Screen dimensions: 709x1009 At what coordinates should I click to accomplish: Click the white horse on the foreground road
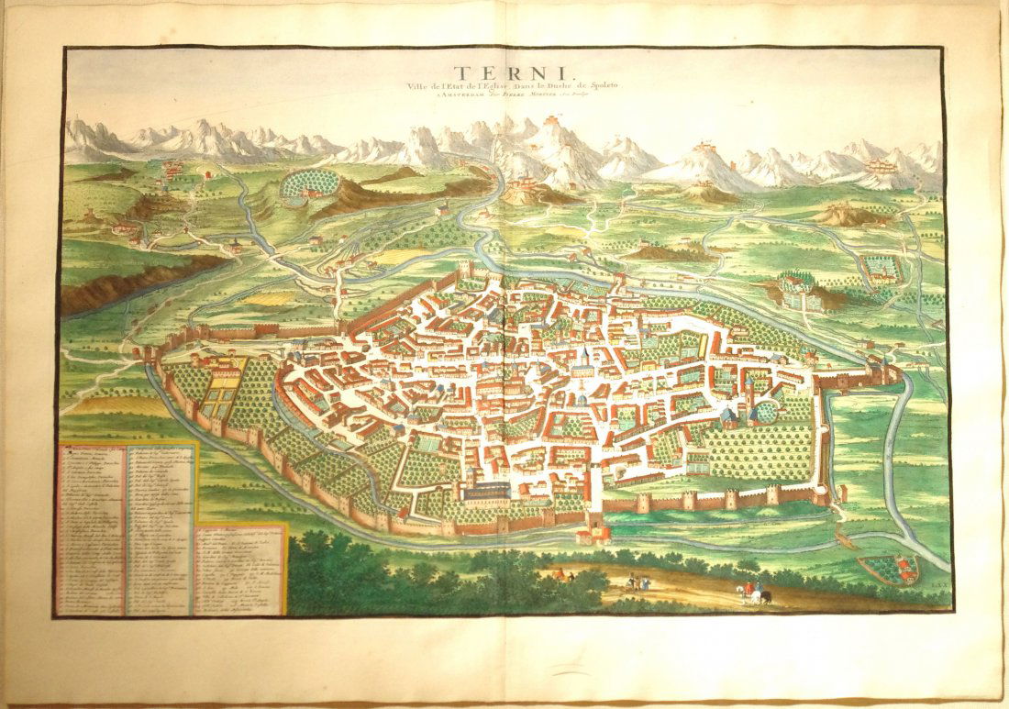click(760, 596)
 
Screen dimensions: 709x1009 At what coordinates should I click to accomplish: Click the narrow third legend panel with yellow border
click(239, 569)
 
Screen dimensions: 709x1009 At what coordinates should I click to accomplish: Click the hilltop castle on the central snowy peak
click(528, 123)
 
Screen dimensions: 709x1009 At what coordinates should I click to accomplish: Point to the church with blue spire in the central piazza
click(582, 362)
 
